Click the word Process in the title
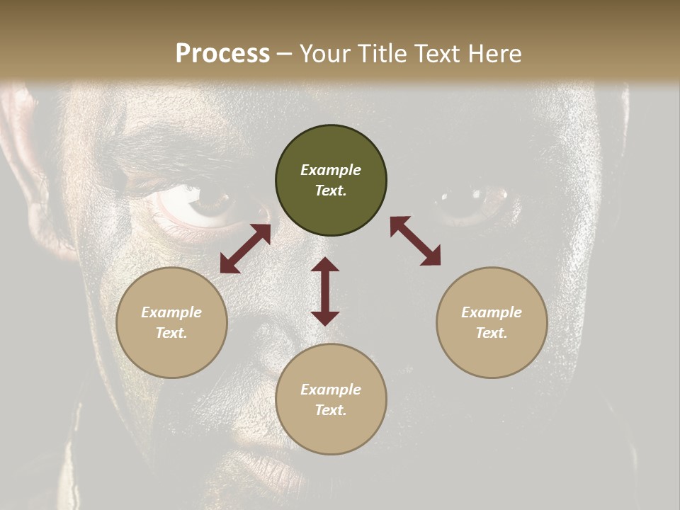[222, 54]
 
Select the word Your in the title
[325, 54]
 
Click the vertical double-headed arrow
[325, 291]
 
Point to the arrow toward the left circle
[245, 249]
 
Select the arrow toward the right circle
[415, 241]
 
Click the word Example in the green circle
[331, 170]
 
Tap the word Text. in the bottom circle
[331, 410]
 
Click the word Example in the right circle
[492, 312]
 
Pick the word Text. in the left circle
[171, 333]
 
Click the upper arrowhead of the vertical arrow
[325, 264]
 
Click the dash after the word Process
[284, 54]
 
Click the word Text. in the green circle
[331, 191]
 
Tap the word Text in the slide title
[433, 54]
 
